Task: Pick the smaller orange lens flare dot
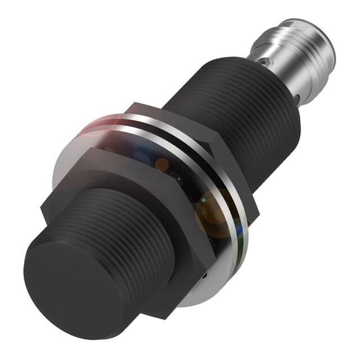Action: point(162,165)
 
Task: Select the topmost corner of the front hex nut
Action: point(129,105)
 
